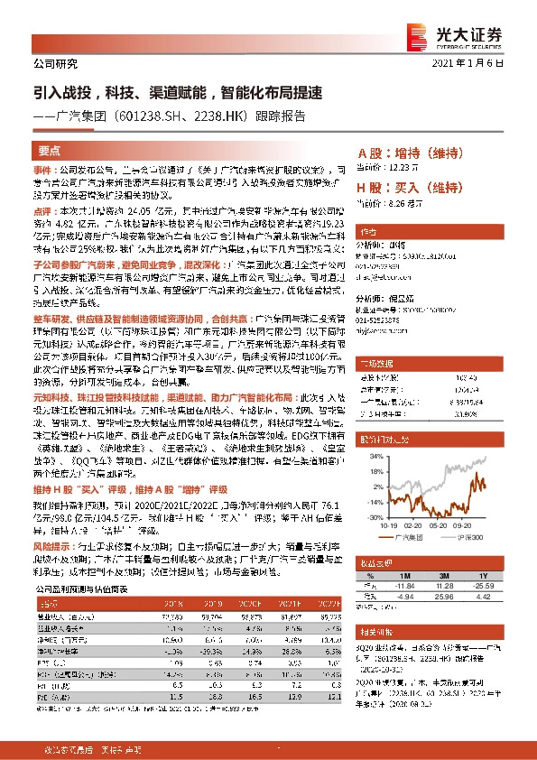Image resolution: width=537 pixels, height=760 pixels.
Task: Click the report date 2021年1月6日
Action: [480, 63]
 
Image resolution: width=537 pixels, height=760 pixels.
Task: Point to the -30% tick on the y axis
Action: [372, 518]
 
